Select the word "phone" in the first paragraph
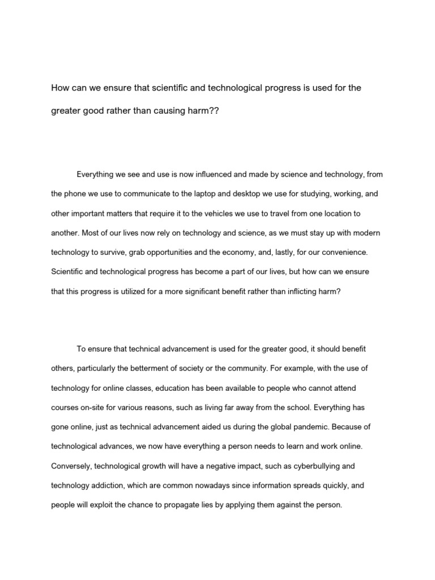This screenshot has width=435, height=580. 77,194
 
